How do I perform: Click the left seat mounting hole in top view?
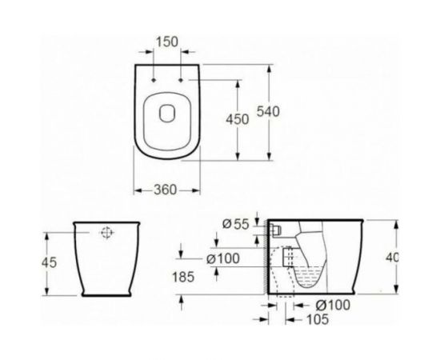pos(152,81)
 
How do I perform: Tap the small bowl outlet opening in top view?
pos(167,112)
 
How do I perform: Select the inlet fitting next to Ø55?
pos(276,230)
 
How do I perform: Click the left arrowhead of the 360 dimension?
pos(134,189)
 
